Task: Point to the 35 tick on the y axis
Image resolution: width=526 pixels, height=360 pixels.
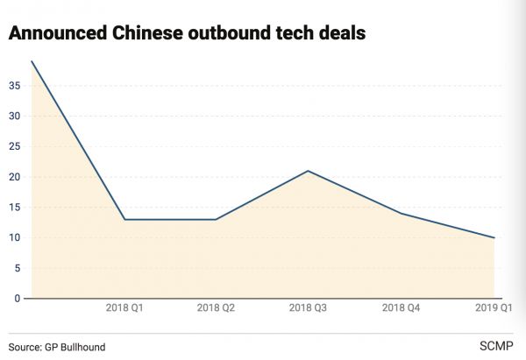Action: (14, 86)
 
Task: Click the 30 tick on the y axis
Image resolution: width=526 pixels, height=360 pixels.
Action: (14, 116)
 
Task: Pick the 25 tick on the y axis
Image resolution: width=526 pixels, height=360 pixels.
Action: (14, 146)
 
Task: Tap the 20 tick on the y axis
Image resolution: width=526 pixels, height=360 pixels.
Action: (14, 177)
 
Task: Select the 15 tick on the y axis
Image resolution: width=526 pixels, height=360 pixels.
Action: (14, 208)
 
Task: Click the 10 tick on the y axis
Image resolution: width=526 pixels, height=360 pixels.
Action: (14, 237)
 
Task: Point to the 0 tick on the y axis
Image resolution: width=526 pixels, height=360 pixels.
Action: (18, 299)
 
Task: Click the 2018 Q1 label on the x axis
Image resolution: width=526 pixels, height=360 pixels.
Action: (124, 308)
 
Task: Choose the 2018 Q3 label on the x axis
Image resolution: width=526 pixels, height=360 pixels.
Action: (308, 308)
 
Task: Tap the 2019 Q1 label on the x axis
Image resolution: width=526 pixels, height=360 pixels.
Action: (494, 308)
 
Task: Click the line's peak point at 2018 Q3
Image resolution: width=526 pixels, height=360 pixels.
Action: (308, 171)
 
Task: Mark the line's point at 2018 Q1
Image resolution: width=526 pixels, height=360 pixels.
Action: (124, 219)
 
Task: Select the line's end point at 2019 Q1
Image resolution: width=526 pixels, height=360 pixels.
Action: (494, 237)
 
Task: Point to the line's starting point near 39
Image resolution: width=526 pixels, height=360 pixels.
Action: (32, 61)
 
